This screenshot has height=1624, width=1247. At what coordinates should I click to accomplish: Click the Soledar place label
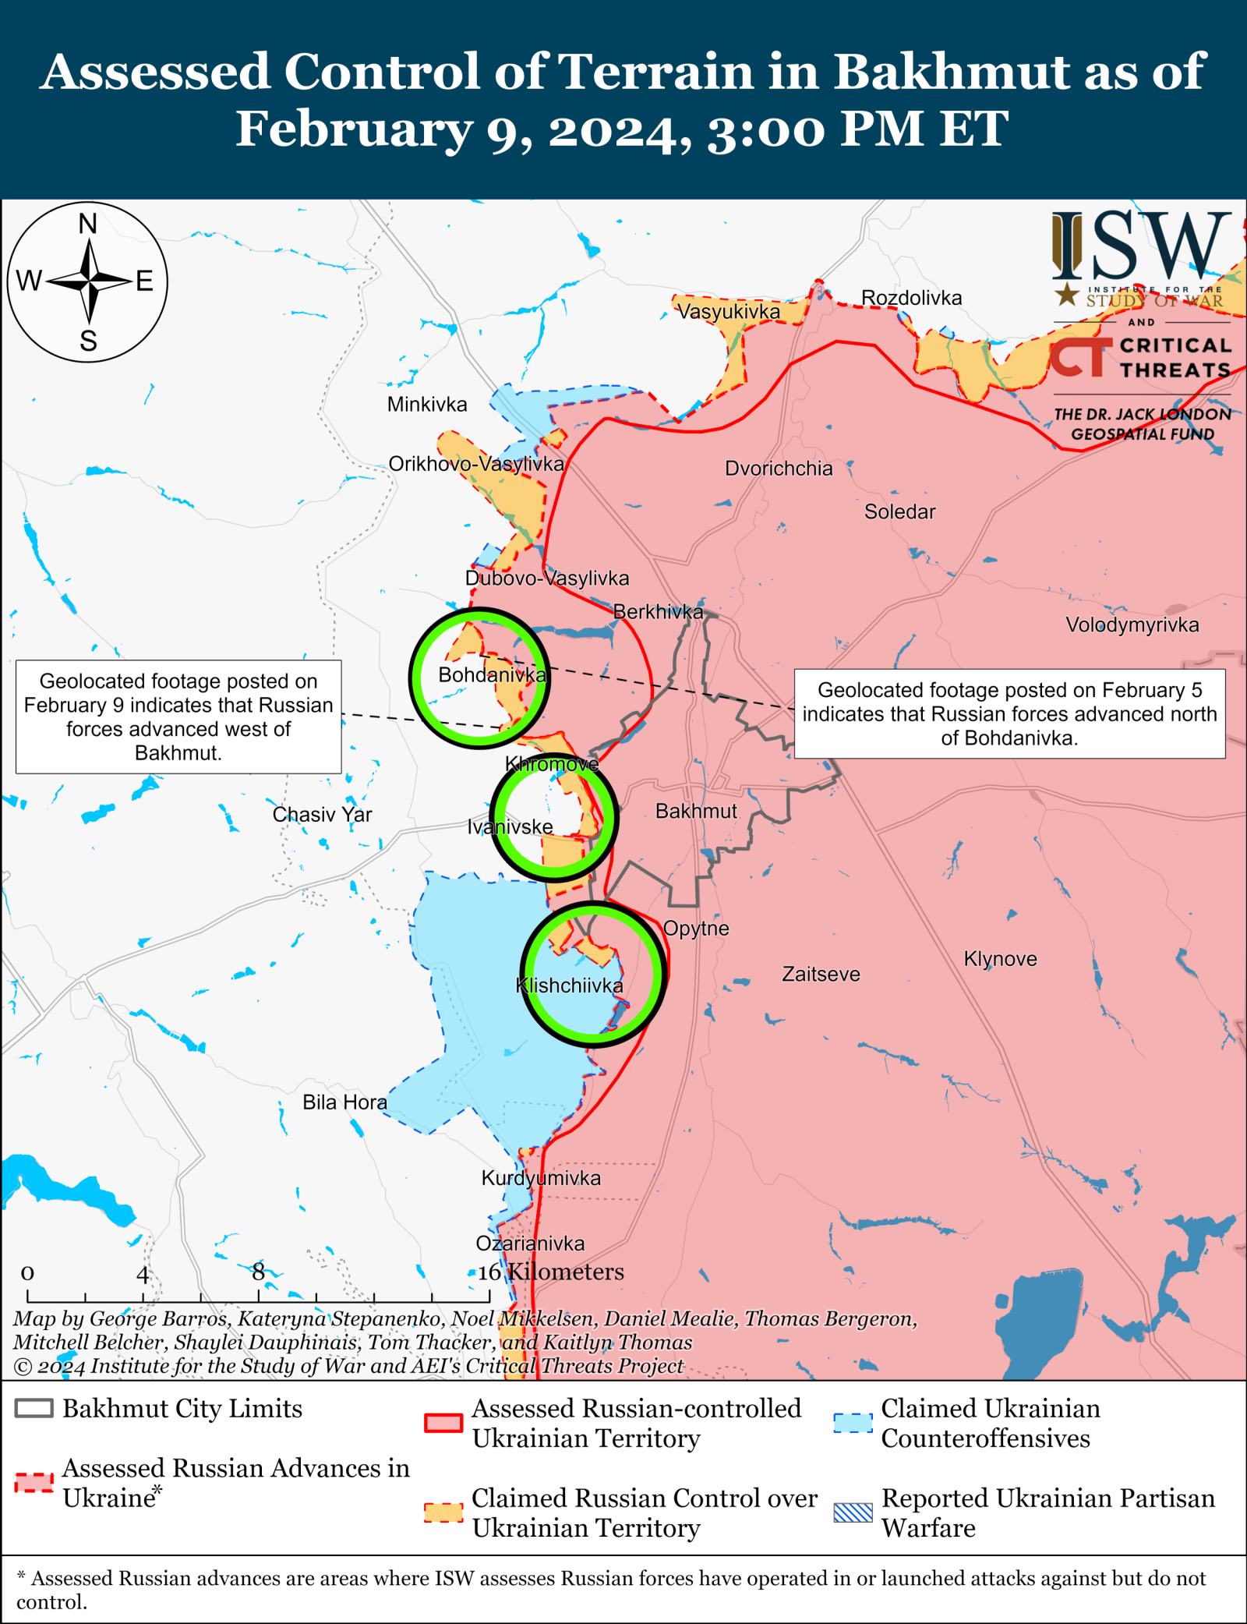[899, 512]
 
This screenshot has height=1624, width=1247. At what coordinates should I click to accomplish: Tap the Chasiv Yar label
[322, 815]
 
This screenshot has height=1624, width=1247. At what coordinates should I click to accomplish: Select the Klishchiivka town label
[570, 986]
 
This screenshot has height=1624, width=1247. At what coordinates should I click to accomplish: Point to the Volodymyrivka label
[1132, 625]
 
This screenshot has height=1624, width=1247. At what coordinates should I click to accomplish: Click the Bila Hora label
[344, 1102]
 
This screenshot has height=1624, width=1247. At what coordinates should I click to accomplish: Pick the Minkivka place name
[427, 405]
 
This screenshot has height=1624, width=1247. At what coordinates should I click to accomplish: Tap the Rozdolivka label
[911, 298]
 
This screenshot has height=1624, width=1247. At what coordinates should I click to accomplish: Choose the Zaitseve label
[821, 975]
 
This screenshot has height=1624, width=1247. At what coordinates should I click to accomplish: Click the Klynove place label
[1000, 959]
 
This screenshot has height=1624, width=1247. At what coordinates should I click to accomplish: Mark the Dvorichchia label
[779, 469]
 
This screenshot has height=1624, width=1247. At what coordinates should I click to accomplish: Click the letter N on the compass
[88, 225]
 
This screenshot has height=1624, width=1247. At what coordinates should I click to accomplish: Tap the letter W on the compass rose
[29, 281]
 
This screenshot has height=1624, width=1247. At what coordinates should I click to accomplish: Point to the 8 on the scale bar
[258, 1272]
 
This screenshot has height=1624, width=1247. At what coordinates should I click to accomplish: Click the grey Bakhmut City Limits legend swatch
[34, 1408]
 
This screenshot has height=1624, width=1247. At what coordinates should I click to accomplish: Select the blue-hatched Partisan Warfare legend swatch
[853, 1513]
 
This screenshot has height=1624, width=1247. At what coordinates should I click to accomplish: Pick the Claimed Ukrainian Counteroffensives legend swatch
[853, 1423]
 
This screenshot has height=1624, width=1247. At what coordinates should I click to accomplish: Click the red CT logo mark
[1080, 357]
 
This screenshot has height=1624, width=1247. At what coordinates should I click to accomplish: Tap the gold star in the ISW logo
[1066, 295]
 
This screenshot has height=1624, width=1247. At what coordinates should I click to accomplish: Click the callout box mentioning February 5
[1009, 713]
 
